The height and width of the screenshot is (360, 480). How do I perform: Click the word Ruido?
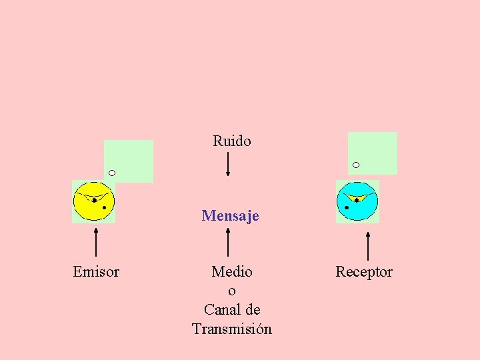click(232, 141)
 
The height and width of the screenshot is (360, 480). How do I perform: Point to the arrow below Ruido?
click(228, 164)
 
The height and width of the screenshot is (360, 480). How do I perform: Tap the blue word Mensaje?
click(230, 216)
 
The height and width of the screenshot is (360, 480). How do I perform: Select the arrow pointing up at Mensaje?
click(229, 241)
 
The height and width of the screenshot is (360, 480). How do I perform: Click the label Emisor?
click(96, 272)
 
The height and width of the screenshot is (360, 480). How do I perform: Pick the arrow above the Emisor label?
click(97, 241)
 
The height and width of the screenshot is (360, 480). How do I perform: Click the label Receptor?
click(364, 272)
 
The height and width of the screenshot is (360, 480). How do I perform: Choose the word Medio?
click(232, 272)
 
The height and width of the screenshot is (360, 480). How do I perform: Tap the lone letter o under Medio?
click(232, 291)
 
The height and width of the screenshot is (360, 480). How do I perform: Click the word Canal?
click(223, 310)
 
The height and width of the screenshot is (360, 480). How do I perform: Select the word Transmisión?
click(232, 329)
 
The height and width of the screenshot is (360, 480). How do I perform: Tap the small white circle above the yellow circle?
click(112, 173)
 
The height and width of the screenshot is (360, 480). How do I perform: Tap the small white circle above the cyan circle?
click(356, 165)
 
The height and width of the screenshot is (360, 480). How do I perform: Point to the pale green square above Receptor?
click(373, 152)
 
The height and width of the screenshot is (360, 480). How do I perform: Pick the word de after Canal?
click(252, 310)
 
